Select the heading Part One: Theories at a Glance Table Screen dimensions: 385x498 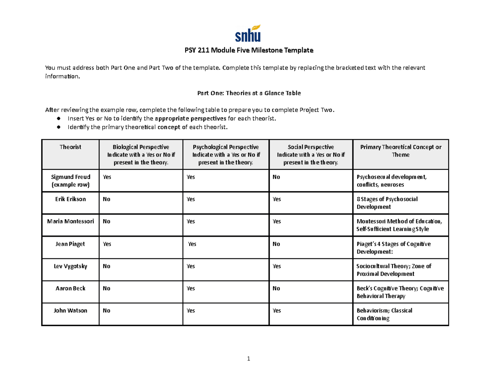pyautogui.click(x=249, y=93)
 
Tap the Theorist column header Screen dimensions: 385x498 pyautogui.click(x=70, y=147)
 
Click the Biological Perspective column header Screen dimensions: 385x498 pyautogui.click(x=141, y=154)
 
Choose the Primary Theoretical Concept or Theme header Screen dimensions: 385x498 pyautogui.click(x=400, y=151)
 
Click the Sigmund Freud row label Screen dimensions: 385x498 pyautogui.click(x=70, y=180)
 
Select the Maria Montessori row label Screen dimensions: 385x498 pyautogui.click(x=70, y=221)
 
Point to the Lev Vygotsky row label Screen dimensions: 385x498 pyautogui.click(x=70, y=266)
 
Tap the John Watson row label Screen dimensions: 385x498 pyautogui.click(x=70, y=310)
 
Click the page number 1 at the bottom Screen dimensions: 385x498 pyautogui.click(x=248, y=359)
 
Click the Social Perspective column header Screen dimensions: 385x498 pyautogui.click(x=310, y=154)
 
